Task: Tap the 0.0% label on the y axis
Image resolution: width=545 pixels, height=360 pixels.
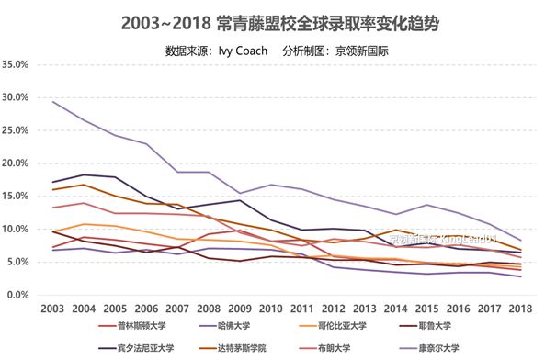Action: (x=20, y=295)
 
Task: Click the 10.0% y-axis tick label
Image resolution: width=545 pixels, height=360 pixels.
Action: (x=17, y=230)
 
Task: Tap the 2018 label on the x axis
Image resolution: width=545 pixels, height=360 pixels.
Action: (x=521, y=309)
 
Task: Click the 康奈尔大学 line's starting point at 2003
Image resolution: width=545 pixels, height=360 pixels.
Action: (x=52, y=102)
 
